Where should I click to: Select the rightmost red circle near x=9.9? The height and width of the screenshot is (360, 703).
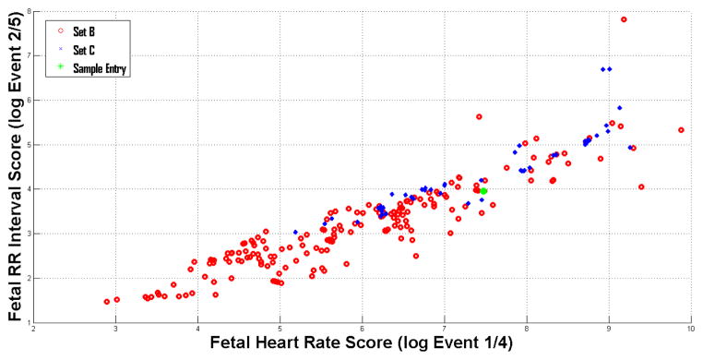[x=681, y=130]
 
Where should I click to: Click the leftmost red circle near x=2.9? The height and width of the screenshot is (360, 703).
[x=107, y=301]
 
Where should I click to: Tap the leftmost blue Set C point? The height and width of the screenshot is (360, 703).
[x=295, y=232]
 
